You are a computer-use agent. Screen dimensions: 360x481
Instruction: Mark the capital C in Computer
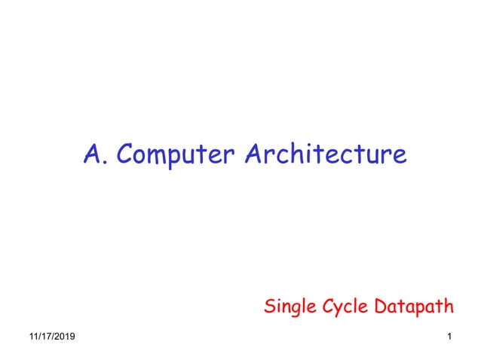click(x=127, y=154)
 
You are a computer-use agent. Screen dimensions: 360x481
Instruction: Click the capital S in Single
click(x=269, y=307)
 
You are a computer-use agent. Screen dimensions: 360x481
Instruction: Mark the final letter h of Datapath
click(x=449, y=306)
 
